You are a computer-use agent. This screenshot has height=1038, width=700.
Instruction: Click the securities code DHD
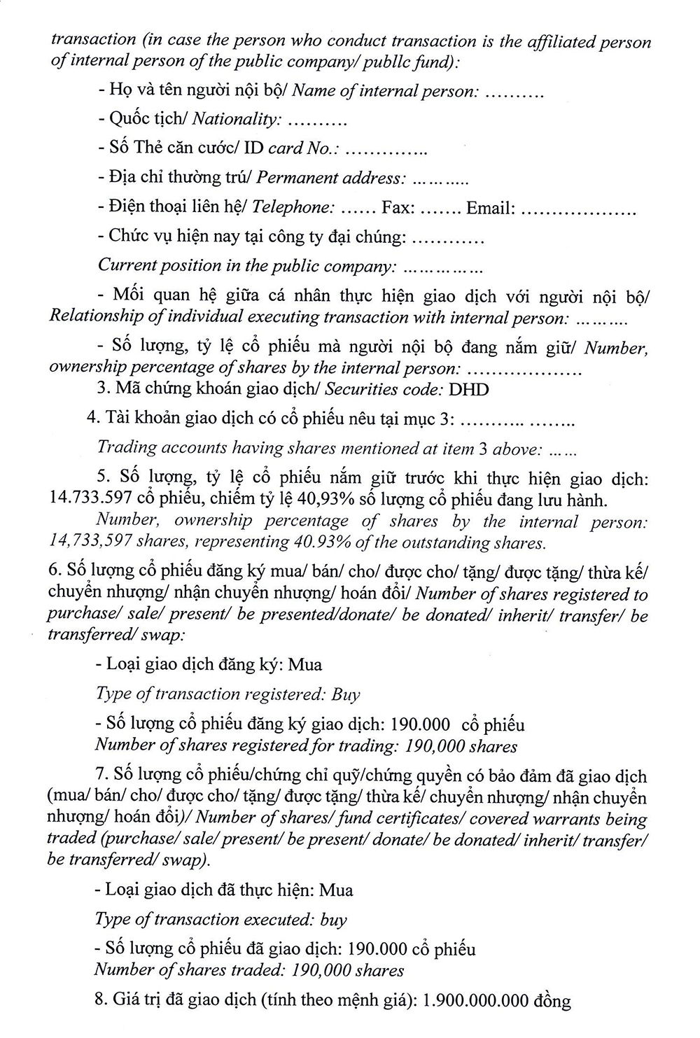point(469,389)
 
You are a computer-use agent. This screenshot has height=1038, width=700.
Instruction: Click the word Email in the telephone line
point(491,208)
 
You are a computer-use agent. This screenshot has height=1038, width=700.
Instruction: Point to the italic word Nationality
point(236,119)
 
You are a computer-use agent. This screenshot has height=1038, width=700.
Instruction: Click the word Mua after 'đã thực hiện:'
point(336,890)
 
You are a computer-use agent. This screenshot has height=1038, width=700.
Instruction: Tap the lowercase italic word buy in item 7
point(334,920)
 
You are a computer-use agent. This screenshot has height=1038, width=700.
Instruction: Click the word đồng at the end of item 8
point(552,1001)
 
